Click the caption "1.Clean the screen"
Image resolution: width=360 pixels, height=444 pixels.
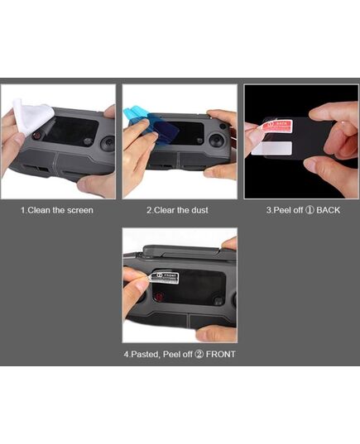[x=57, y=210]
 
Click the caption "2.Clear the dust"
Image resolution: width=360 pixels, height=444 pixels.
[x=177, y=210]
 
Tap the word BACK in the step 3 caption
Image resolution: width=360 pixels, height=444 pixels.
[x=328, y=210]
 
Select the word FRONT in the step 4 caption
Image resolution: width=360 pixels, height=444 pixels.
[x=220, y=354]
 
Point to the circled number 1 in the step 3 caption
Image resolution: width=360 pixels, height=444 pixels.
[x=310, y=210]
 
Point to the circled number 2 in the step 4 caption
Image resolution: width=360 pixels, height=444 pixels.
[x=199, y=355]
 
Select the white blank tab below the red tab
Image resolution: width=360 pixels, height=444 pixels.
[x=271, y=148]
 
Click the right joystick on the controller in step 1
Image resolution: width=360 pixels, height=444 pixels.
[x=108, y=144]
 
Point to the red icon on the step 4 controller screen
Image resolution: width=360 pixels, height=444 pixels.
[x=159, y=298]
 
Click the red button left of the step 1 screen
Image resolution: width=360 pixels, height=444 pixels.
[x=37, y=136]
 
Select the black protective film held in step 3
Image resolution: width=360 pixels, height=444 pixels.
[x=298, y=141]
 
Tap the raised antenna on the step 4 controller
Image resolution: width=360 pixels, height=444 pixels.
[x=181, y=252]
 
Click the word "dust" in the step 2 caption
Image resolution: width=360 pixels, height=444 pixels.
[x=199, y=210]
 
